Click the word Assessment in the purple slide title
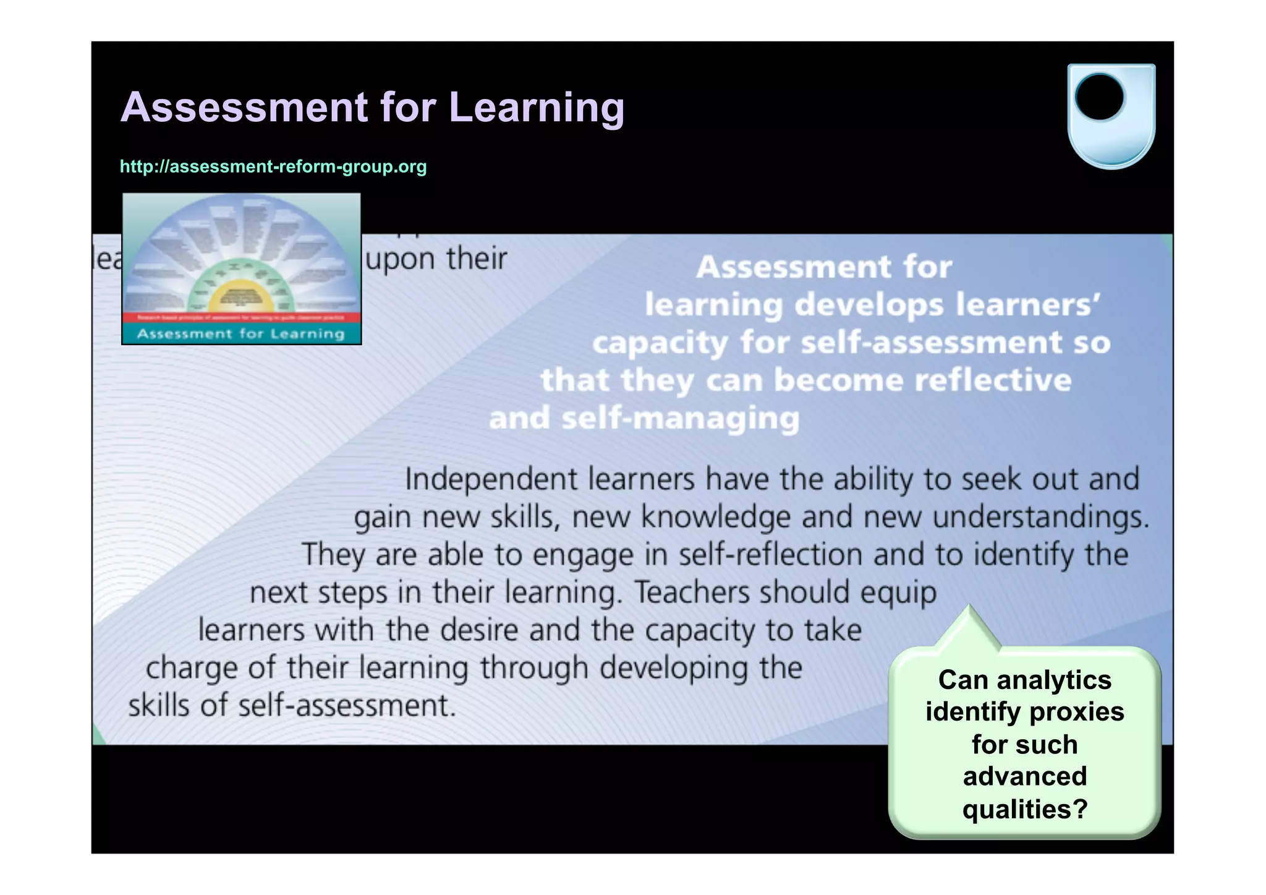pyautogui.click(x=244, y=108)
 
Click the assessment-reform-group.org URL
pyautogui.click(x=273, y=166)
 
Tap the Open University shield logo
pyautogui.click(x=1111, y=116)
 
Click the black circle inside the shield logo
pyautogui.click(x=1099, y=97)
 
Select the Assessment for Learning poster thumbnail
pyautogui.click(x=241, y=268)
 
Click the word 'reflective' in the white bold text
pyautogui.click(x=993, y=380)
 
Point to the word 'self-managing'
pyautogui.click(x=680, y=419)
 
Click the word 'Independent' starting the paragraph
pyautogui.click(x=491, y=479)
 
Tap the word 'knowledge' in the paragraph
pyautogui.click(x=715, y=517)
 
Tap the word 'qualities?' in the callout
pyautogui.click(x=1024, y=809)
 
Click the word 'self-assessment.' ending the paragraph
pyautogui.click(x=347, y=706)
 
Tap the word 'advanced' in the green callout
pyautogui.click(x=1024, y=776)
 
